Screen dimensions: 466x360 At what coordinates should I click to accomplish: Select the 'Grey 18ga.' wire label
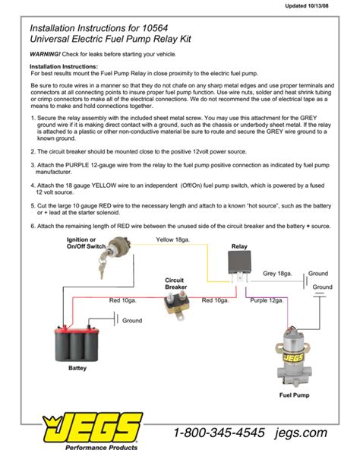277,273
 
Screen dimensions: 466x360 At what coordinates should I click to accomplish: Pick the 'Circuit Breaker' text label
175,283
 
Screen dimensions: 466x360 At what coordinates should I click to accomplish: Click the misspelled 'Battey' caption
77,368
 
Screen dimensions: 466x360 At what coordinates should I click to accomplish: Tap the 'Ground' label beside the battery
132,321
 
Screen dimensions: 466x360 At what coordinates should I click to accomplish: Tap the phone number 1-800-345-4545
219,433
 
